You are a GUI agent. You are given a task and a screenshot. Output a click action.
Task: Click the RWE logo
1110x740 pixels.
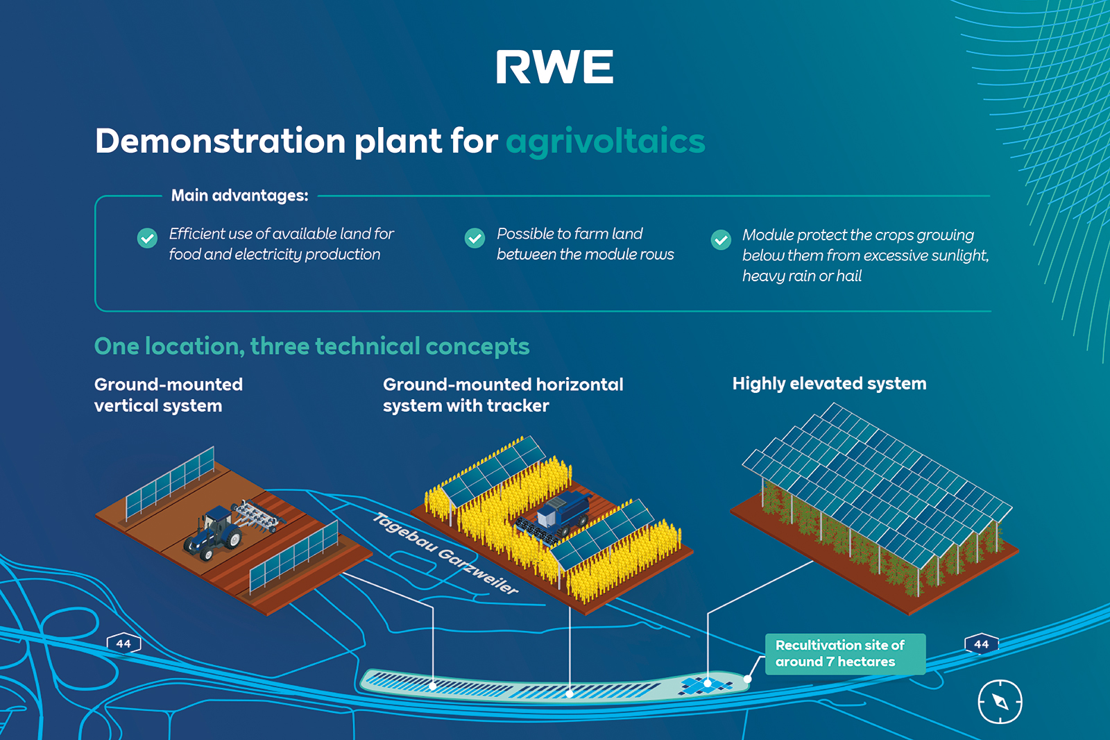[554, 67]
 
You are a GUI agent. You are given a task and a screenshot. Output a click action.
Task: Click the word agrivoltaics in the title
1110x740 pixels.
[605, 141]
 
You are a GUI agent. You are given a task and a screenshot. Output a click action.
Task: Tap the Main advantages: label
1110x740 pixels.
[239, 196]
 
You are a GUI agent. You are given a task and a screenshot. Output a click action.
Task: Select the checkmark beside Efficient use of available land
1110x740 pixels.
[147, 238]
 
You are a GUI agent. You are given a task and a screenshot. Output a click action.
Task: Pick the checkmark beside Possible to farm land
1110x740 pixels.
[475, 238]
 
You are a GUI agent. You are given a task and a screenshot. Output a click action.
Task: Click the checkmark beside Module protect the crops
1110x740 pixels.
[721, 239]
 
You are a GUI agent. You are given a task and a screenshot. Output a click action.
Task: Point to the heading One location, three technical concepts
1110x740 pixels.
[311, 346]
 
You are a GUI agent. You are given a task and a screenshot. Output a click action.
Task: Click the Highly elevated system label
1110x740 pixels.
[829, 383]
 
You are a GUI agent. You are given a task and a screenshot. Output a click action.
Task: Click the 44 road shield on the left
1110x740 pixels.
[123, 644]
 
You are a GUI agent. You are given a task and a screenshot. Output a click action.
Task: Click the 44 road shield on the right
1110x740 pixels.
[981, 644]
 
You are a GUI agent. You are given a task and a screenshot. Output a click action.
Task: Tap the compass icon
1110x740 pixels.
[1000, 701]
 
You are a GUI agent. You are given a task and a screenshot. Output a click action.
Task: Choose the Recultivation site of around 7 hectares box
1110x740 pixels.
[844, 653]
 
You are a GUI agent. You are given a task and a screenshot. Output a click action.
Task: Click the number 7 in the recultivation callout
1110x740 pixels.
[830, 662]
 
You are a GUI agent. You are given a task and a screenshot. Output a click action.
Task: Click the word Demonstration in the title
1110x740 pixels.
[220, 141]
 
